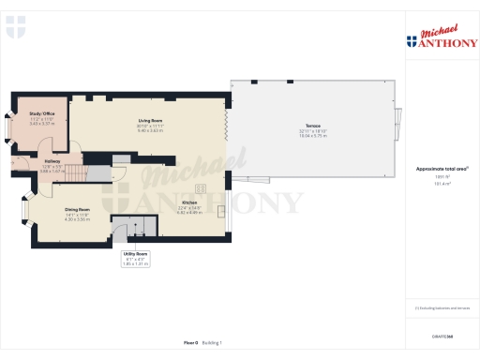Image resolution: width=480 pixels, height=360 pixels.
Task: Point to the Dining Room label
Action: (78, 209)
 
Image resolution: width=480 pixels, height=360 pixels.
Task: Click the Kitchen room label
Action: (189, 202)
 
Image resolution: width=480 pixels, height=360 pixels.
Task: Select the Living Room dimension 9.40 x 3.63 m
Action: (151, 131)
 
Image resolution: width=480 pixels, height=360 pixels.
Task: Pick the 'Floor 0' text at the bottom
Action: (190, 343)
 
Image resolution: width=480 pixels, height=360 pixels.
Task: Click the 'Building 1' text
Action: (214, 343)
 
